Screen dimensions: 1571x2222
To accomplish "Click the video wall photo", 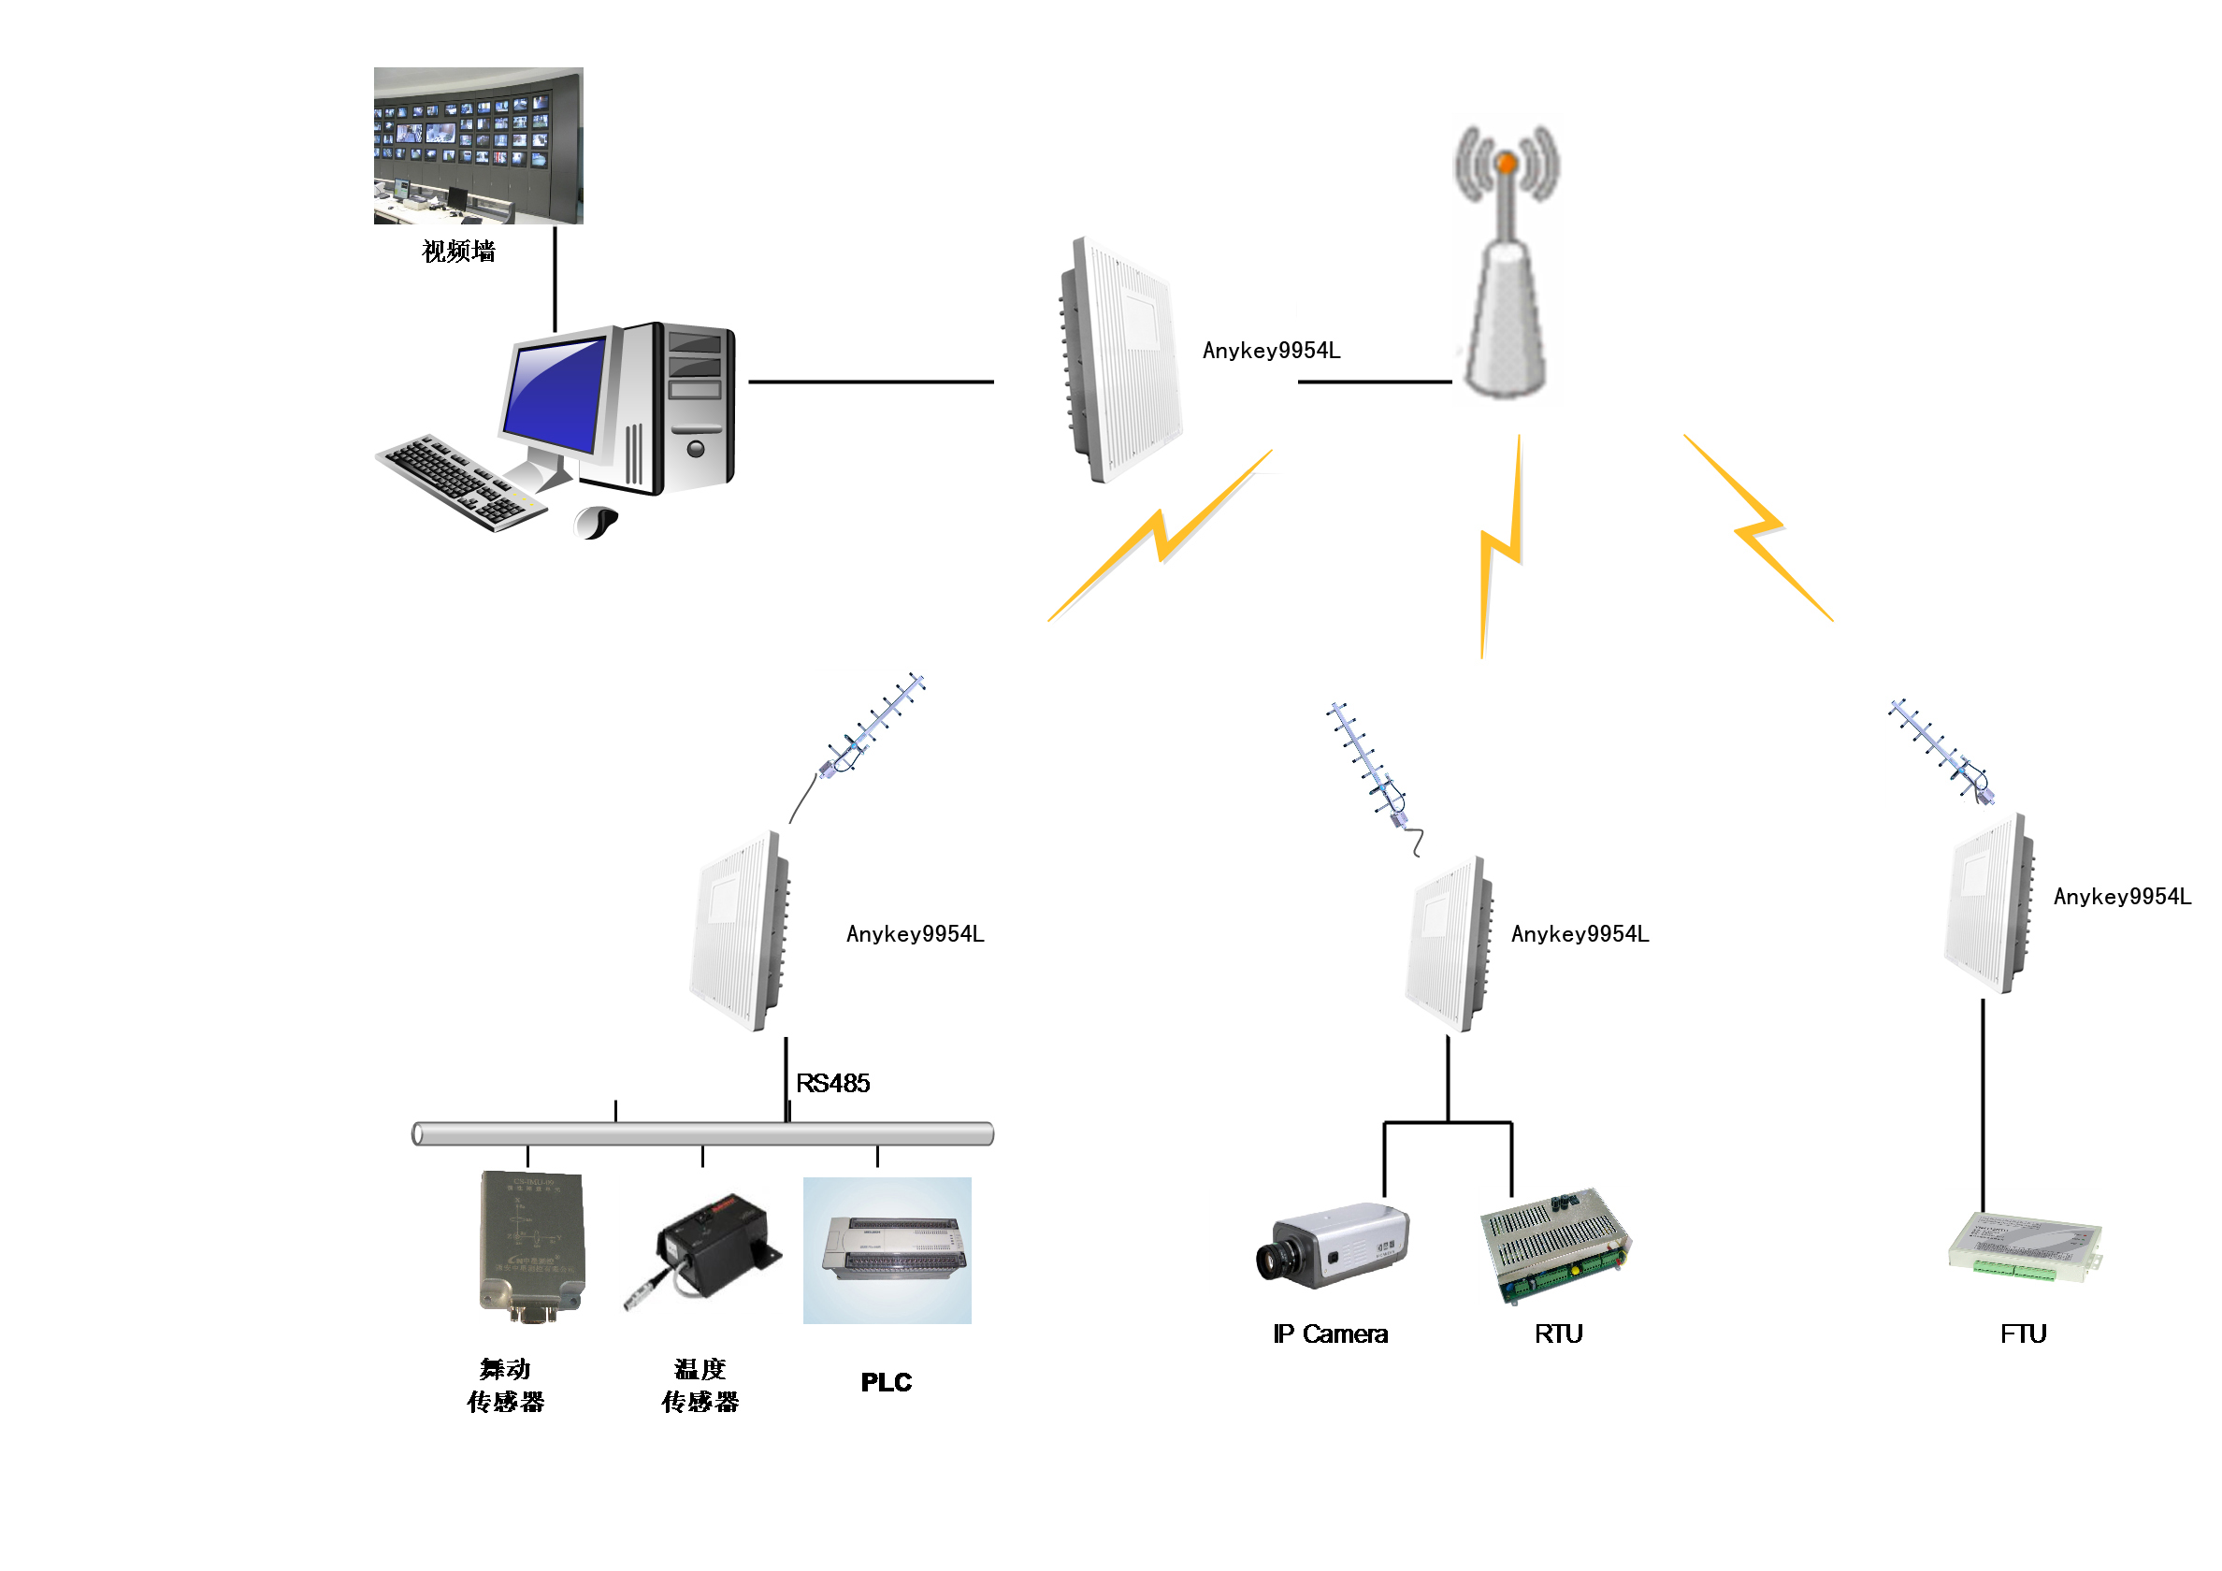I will tap(478, 145).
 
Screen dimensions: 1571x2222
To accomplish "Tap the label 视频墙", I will tap(459, 252).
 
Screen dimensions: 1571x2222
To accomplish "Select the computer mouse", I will tap(596, 523).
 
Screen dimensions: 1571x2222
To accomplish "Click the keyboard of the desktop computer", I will tap(459, 482).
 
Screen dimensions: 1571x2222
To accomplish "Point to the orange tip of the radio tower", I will tap(1506, 164).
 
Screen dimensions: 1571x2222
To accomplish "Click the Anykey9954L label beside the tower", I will tap(1271, 351).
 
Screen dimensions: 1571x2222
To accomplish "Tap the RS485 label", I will tap(832, 1083).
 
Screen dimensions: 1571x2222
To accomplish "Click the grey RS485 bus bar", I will tap(702, 1133).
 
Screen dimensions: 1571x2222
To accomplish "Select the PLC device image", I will tap(887, 1249).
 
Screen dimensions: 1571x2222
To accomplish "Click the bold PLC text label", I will tap(886, 1382).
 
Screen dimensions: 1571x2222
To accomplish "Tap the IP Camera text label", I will tap(1330, 1333).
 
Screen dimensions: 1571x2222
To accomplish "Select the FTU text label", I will tap(2023, 1333).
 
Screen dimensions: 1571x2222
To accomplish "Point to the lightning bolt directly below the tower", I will tap(1501, 548).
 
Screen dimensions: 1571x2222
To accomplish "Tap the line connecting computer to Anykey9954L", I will tap(871, 382).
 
